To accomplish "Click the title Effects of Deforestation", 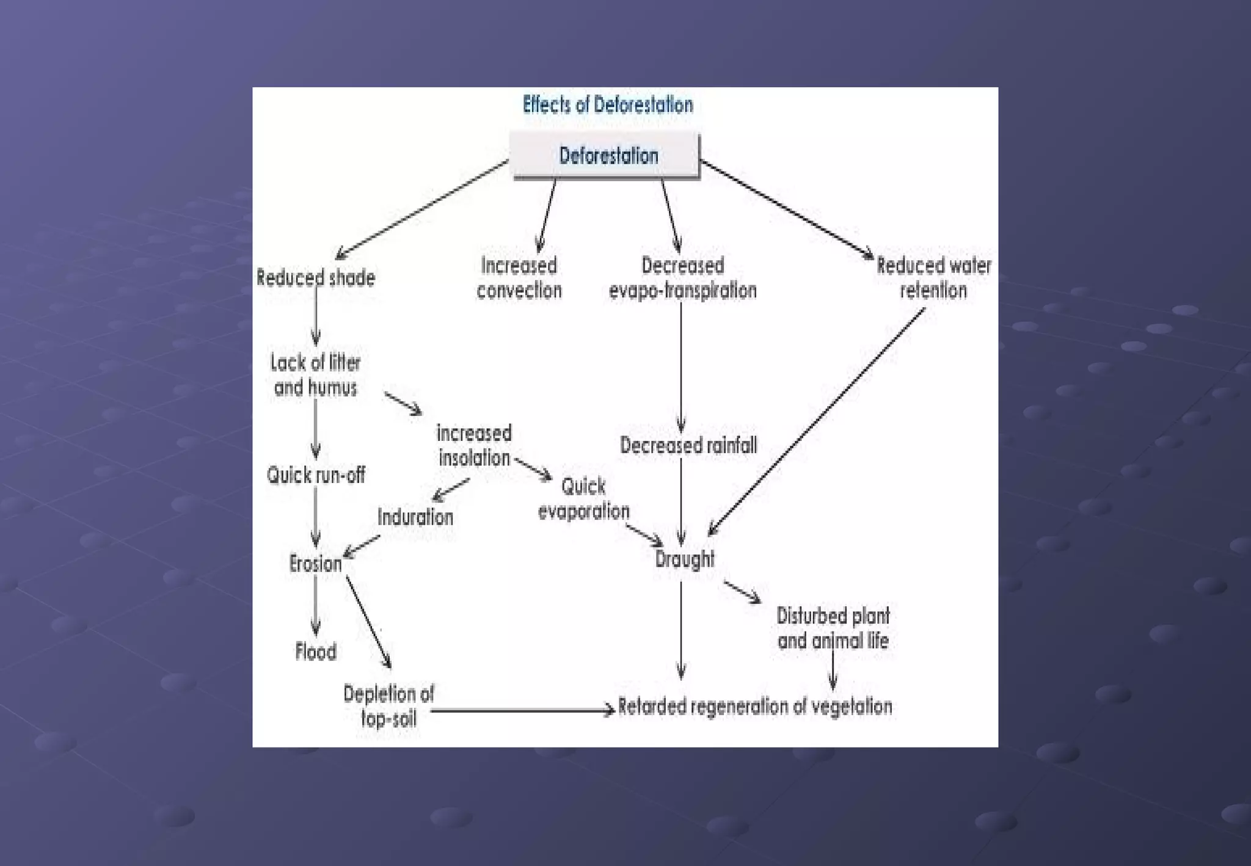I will [x=608, y=105].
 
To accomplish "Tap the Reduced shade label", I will [x=316, y=278].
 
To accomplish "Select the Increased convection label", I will [x=519, y=278].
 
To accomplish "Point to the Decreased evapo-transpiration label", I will [x=682, y=278].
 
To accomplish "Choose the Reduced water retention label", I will [x=933, y=278].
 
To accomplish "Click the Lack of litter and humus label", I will [x=315, y=375].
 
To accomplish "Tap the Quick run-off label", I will [x=316, y=475].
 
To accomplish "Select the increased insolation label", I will [x=474, y=445].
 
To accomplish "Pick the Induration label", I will [x=415, y=517].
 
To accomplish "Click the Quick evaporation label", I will [x=583, y=498].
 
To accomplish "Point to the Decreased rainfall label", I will [x=688, y=445].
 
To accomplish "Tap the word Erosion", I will [x=315, y=563].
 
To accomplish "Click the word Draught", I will [x=684, y=559].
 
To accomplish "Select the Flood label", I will [x=316, y=652].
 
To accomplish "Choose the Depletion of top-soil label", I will [x=388, y=706].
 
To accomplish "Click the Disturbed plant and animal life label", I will [x=833, y=628].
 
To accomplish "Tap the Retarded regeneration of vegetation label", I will [x=755, y=707].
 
